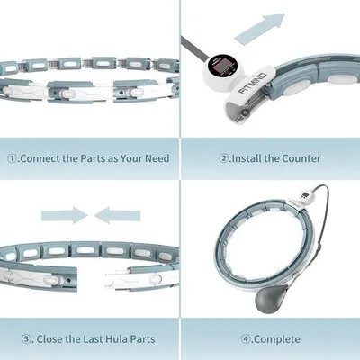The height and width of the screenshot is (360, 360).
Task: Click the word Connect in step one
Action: pos(40,158)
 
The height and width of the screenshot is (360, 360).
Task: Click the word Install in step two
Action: pos(246,158)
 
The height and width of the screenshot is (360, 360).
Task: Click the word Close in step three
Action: pos(49,339)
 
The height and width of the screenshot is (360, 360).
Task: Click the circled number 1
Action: pos(12,158)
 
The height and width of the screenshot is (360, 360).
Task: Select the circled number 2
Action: pos(224,158)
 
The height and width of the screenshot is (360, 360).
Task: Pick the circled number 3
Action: pos(26,339)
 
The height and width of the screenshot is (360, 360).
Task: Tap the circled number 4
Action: pos(246,339)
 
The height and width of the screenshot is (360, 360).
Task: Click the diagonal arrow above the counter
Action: pos(260,29)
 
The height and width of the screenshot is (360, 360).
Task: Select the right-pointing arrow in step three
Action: pos(65,215)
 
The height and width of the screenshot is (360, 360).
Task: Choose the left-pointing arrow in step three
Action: pos(117,215)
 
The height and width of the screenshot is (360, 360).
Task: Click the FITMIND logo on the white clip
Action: pos(253,83)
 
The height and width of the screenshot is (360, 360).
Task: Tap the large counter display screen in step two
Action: pos(221,66)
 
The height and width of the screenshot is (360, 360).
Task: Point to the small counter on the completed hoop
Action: pos(305,197)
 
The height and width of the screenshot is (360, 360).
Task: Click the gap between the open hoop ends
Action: pos(91,277)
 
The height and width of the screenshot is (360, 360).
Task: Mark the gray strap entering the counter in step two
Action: pos(194,49)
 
